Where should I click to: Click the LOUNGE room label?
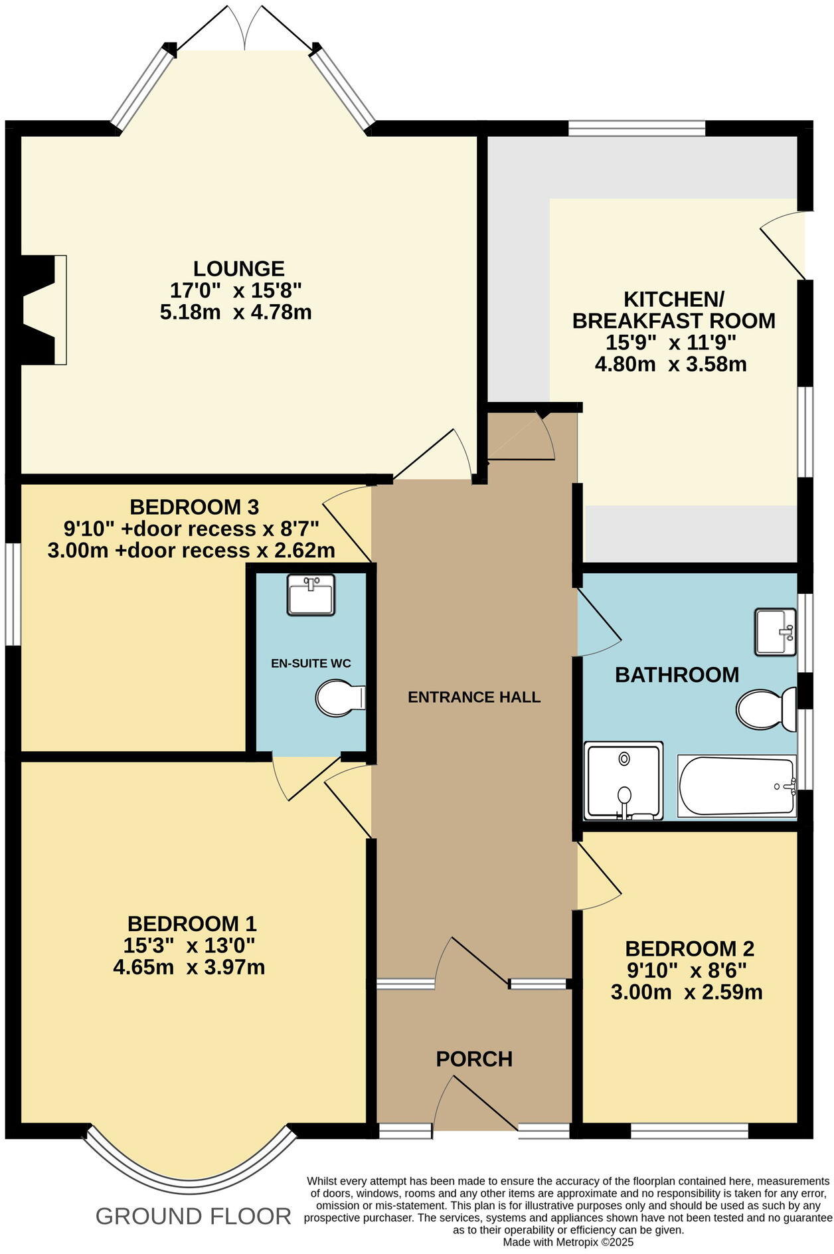click(x=239, y=268)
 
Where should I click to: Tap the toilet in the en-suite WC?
click(x=340, y=697)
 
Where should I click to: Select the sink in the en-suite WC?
click(x=311, y=594)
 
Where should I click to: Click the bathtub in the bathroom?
click(x=736, y=786)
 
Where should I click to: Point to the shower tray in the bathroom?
click(x=624, y=780)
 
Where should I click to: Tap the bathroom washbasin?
click(x=775, y=632)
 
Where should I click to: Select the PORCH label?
click(x=474, y=1059)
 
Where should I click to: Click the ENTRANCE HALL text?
click(x=474, y=697)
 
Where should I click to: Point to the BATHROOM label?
click(x=677, y=675)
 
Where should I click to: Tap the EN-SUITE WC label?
click(x=311, y=663)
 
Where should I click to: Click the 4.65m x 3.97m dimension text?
click(x=189, y=967)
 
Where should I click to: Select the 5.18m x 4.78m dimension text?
click(x=236, y=312)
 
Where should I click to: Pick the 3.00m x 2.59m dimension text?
click(x=687, y=992)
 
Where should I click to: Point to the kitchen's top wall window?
click(x=636, y=128)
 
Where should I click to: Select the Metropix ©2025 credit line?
click(x=568, y=1241)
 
